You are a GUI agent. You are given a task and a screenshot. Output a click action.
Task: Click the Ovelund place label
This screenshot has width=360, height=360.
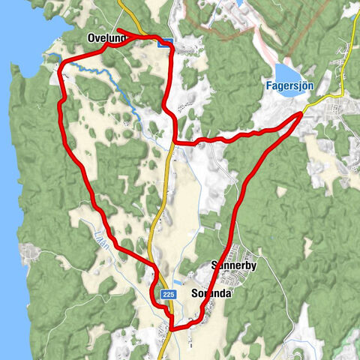[105, 37]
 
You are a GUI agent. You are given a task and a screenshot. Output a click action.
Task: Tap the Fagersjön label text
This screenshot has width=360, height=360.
[290, 85]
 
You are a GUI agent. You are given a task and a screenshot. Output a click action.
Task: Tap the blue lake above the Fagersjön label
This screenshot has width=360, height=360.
[286, 72]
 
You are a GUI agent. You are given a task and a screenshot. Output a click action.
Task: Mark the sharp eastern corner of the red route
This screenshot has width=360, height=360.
[303, 113]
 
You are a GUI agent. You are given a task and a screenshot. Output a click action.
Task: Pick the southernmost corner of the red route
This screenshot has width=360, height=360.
[172, 328]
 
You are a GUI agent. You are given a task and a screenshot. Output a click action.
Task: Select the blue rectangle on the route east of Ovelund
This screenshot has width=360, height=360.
[166, 43]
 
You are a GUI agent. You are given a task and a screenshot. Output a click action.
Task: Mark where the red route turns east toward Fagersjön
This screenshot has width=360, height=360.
[176, 140]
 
